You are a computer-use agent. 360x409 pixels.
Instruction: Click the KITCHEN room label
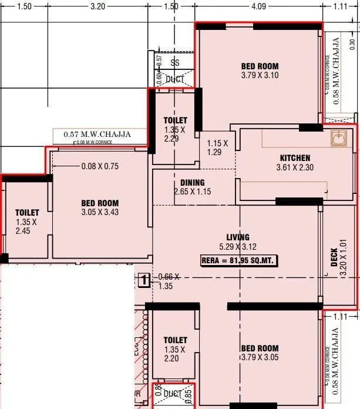(295, 157)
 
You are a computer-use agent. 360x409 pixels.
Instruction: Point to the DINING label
(192, 183)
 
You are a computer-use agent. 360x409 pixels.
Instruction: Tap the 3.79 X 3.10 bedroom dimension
(260, 75)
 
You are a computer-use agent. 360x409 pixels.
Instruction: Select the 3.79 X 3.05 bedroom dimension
(260, 357)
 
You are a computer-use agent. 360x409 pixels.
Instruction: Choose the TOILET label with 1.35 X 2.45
(27, 213)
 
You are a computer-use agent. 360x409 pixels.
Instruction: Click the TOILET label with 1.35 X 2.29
(175, 120)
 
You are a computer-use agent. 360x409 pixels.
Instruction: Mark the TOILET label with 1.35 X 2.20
(175, 340)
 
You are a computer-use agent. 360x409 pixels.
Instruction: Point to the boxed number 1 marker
(143, 280)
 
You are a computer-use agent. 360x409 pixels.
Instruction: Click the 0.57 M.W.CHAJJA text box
(97, 135)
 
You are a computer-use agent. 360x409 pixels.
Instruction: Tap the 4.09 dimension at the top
(258, 7)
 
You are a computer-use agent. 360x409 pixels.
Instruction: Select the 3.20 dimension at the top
(97, 7)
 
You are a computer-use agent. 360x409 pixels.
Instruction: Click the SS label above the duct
(174, 62)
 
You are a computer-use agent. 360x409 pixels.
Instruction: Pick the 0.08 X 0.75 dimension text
(100, 166)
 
